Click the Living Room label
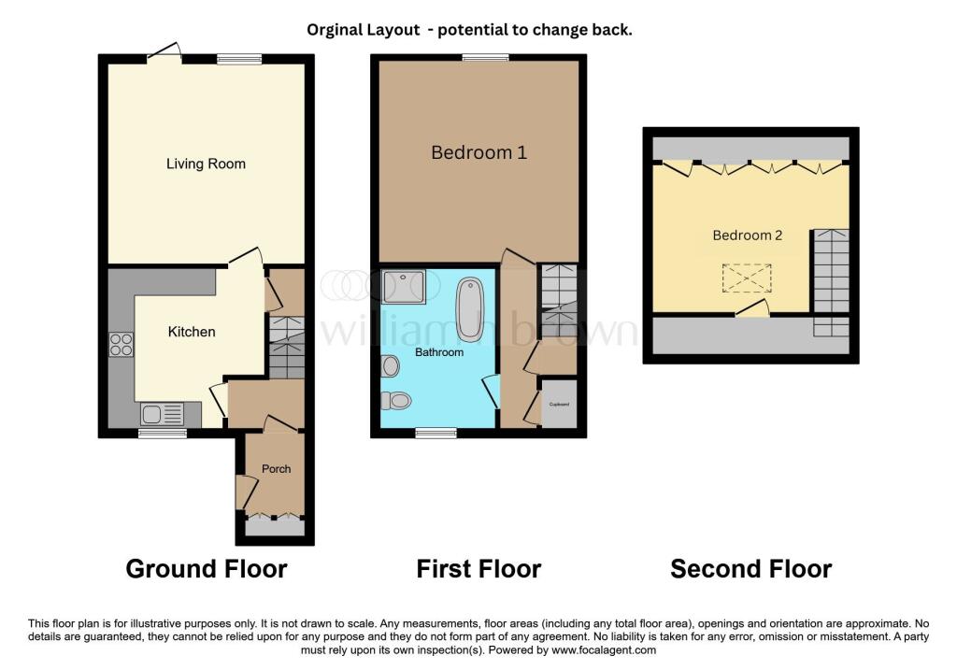click(x=206, y=164)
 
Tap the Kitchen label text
click(x=192, y=332)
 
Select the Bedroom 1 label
click(x=478, y=152)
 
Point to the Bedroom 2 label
click(x=748, y=235)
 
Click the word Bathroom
click(x=439, y=352)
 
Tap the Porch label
click(x=277, y=469)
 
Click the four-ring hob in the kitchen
click(x=121, y=345)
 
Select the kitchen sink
click(x=163, y=413)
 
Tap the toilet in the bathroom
click(x=396, y=401)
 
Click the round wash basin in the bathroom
click(x=391, y=365)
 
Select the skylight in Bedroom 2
click(x=746, y=278)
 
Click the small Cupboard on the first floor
click(x=560, y=405)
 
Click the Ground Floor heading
click(x=206, y=568)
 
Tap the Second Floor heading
click(x=750, y=568)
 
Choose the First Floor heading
click(x=478, y=568)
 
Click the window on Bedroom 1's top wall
click(x=484, y=58)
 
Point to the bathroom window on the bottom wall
click(x=436, y=433)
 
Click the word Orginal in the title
click(x=337, y=30)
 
